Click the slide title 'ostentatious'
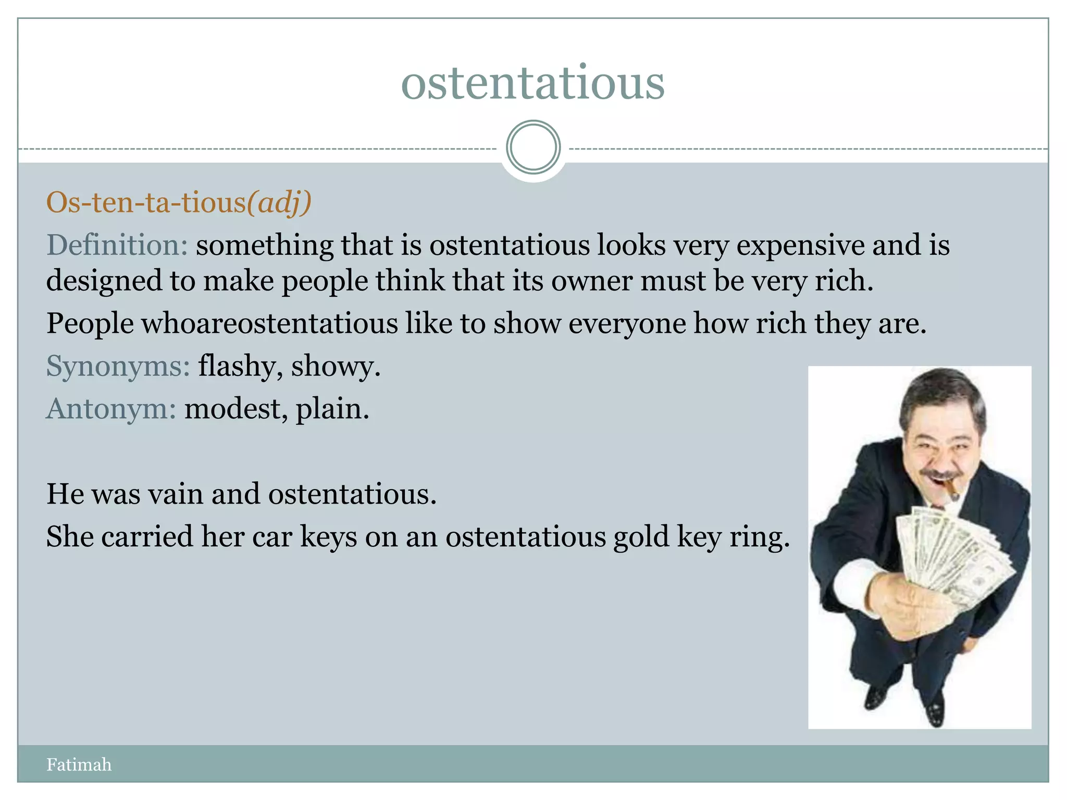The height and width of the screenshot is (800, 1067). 532,83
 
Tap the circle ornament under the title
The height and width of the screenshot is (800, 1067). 533,147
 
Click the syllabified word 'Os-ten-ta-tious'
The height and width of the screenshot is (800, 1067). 146,202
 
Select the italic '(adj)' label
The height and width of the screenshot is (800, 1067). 279,202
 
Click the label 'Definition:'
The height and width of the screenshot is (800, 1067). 117,245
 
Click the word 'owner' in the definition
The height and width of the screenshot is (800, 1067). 592,281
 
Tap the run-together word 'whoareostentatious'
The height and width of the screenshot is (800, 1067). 269,323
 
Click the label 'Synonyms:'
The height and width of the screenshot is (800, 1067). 118,366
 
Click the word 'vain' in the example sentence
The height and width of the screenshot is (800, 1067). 176,494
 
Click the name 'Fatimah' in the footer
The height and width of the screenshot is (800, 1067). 79,765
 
